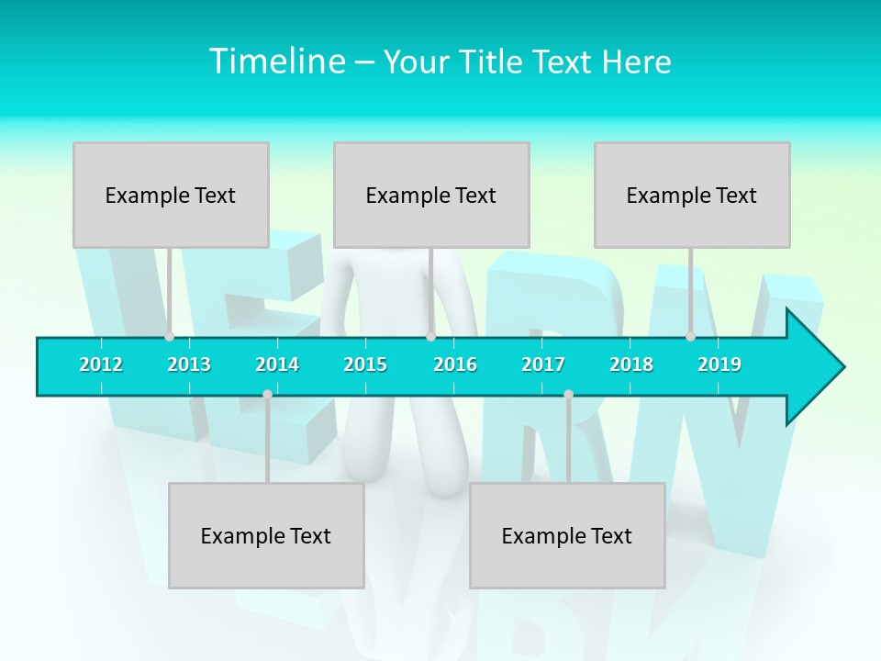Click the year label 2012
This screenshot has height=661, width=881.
coord(101,364)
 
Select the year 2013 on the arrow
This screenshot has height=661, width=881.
coord(189,364)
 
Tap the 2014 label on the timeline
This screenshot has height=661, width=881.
coord(277,364)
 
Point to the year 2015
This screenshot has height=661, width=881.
coord(365,364)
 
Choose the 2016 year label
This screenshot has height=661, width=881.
coord(455,364)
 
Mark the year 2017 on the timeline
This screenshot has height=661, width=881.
coord(543,364)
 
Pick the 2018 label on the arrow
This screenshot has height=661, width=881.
coord(631,364)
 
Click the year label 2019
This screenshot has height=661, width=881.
coord(719,364)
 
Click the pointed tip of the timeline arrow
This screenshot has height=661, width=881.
coord(842,367)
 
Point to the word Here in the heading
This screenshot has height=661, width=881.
coord(637,62)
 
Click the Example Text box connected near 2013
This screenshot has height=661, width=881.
coord(171,195)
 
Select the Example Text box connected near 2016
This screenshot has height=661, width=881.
coord(431,195)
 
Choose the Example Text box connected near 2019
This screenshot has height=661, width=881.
coord(692,195)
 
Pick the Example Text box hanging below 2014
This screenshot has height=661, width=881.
coord(266,535)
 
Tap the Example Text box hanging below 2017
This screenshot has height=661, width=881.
coord(567,535)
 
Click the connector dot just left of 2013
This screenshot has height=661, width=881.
coord(169,336)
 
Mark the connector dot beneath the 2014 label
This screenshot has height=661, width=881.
coord(267,395)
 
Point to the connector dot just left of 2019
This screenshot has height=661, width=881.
coord(690,336)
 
